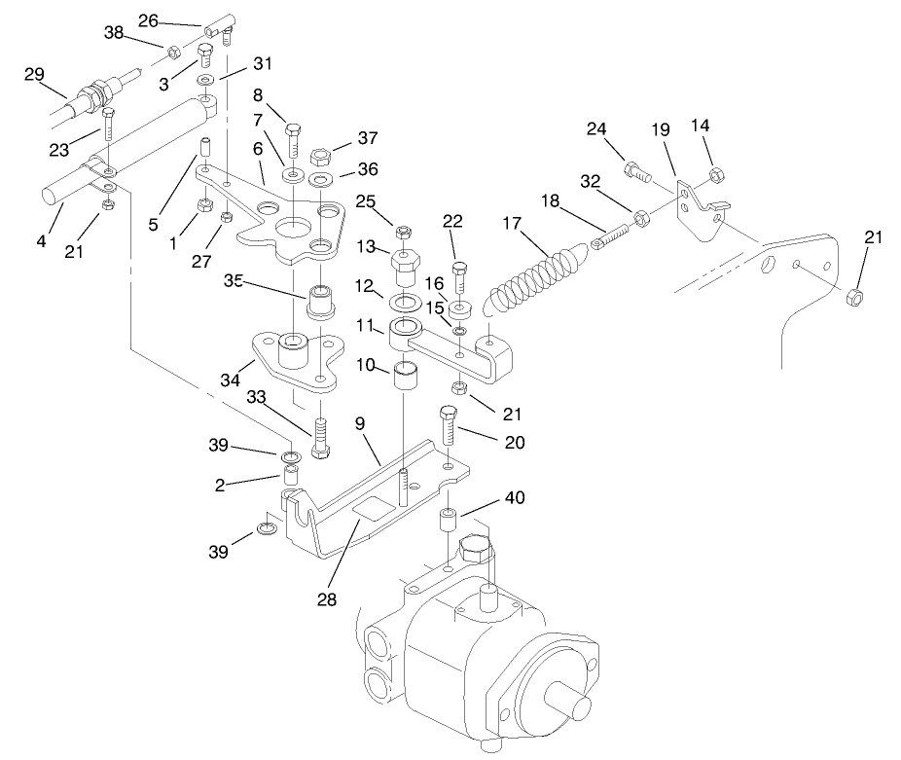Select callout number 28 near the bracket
pyautogui.click(x=327, y=599)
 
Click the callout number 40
pyautogui.click(x=515, y=497)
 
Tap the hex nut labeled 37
pyautogui.click(x=317, y=156)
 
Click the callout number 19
pyautogui.click(x=661, y=128)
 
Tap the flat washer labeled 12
pyautogui.click(x=406, y=301)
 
